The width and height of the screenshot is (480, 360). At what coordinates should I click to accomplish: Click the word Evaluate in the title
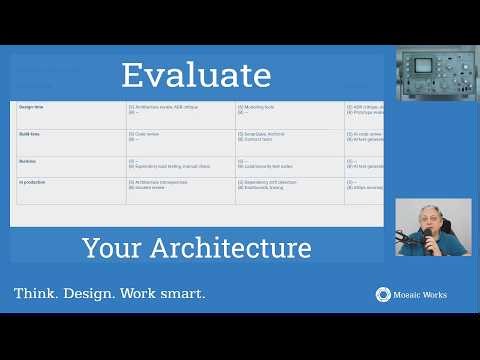point(196,75)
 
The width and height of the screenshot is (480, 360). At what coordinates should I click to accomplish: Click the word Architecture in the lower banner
point(242,247)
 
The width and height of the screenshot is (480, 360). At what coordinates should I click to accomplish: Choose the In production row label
point(34,182)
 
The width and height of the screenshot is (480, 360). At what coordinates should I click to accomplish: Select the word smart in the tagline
point(182,294)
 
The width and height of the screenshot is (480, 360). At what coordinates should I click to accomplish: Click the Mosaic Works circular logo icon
point(382,294)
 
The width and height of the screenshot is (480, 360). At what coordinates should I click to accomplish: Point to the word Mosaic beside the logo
point(407,295)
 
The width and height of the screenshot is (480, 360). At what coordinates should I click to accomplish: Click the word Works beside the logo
point(435,295)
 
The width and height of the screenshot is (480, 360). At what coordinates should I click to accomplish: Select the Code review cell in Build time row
point(147,132)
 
